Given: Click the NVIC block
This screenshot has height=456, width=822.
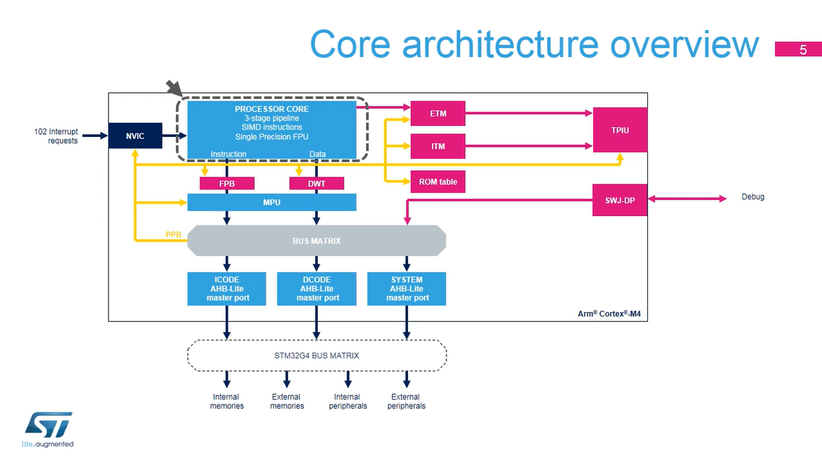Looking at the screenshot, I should pyautogui.click(x=135, y=135).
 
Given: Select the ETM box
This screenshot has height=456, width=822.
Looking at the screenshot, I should pyautogui.click(x=437, y=113).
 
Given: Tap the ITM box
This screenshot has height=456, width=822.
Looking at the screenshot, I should pyautogui.click(x=437, y=146).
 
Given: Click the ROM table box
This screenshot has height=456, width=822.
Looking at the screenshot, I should pyautogui.click(x=437, y=182).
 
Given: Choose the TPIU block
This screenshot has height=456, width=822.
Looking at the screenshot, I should pyautogui.click(x=620, y=130).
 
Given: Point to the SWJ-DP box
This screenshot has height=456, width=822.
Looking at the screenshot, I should pyautogui.click(x=619, y=200).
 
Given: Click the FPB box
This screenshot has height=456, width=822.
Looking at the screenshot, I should pyautogui.click(x=226, y=184).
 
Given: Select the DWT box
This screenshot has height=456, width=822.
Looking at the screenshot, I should pyautogui.click(x=316, y=184).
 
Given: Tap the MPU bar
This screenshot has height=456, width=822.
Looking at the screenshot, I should pyautogui.click(x=272, y=202).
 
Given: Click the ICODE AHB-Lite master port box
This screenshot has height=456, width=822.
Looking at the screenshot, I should pyautogui.click(x=227, y=289).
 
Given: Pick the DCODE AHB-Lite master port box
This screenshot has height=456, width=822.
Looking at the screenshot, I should pyautogui.click(x=316, y=289).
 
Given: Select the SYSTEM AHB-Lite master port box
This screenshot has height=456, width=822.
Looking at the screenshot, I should pyautogui.click(x=407, y=289).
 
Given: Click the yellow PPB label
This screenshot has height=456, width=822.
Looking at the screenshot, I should pyautogui.click(x=174, y=235).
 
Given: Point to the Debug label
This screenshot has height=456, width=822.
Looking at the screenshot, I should pyautogui.click(x=753, y=197).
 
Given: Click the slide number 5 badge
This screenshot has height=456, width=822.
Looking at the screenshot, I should pyautogui.click(x=802, y=50).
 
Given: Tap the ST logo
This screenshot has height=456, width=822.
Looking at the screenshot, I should pyautogui.click(x=48, y=425).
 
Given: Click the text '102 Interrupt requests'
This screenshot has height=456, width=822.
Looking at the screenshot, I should pyautogui.click(x=56, y=135).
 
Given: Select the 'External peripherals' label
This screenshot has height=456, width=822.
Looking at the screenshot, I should pyautogui.click(x=406, y=401).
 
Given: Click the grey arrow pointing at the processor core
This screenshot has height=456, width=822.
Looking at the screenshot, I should pyautogui.click(x=174, y=87).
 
